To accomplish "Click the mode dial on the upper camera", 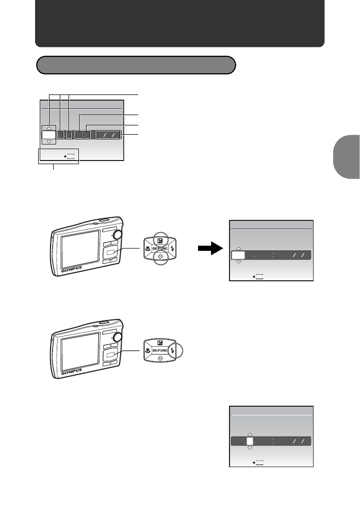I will [x=118, y=235].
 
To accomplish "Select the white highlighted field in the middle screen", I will [x=238, y=255].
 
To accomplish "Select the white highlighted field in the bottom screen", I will [x=250, y=442].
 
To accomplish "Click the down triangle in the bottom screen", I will [x=250, y=449].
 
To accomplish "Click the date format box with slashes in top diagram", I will [x=108, y=135].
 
